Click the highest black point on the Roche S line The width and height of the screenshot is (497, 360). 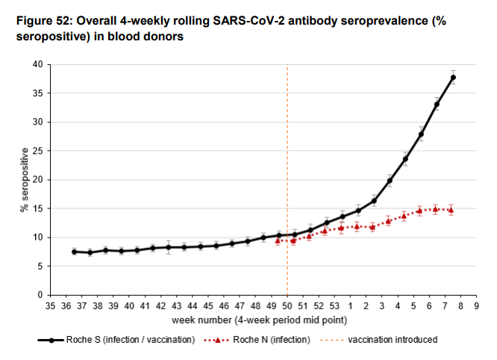pyautogui.click(x=453, y=78)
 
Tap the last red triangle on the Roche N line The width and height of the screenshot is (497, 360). pyautogui.click(x=451, y=210)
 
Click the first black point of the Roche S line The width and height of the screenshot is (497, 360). pyautogui.click(x=74, y=252)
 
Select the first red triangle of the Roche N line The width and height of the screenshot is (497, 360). pyautogui.click(x=278, y=240)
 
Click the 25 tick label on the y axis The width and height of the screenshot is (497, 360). pyautogui.click(x=37, y=151)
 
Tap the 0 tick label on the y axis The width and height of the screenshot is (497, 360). pyautogui.click(x=40, y=295)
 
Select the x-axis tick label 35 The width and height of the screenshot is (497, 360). pyautogui.click(x=50, y=306)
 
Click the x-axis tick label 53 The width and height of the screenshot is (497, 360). pyautogui.click(x=334, y=306)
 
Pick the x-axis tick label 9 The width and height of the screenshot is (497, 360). pyautogui.click(x=476, y=306)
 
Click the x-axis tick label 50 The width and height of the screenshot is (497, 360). pyautogui.click(x=287, y=306)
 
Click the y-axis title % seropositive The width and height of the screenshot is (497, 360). pyautogui.click(x=24, y=180)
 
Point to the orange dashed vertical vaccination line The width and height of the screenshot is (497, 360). pyautogui.click(x=287, y=149)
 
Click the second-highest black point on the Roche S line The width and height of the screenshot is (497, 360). pyautogui.click(x=437, y=105)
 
